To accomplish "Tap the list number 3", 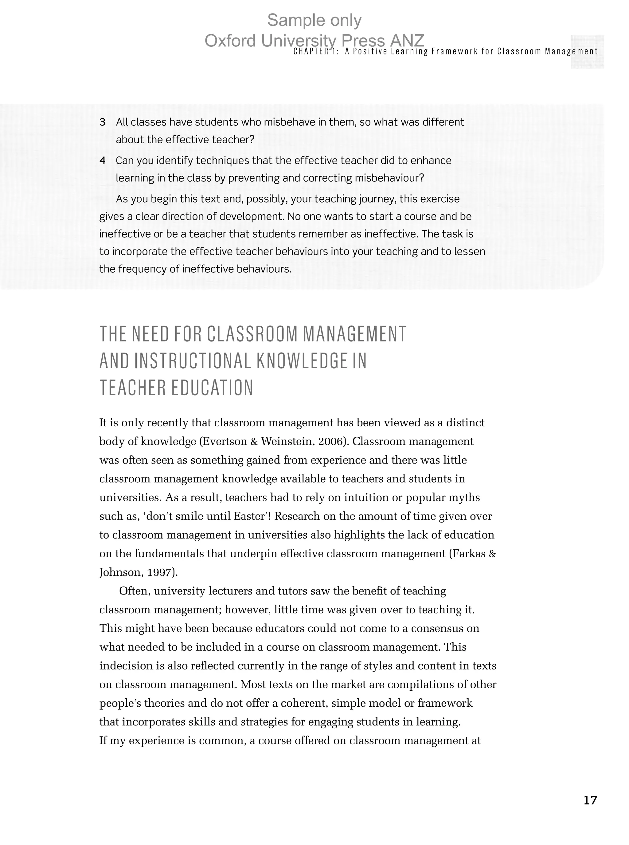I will coord(102,122).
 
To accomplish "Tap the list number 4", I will coord(102,161).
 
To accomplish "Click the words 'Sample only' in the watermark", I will coord(314,20).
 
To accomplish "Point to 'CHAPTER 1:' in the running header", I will coord(316,51).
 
